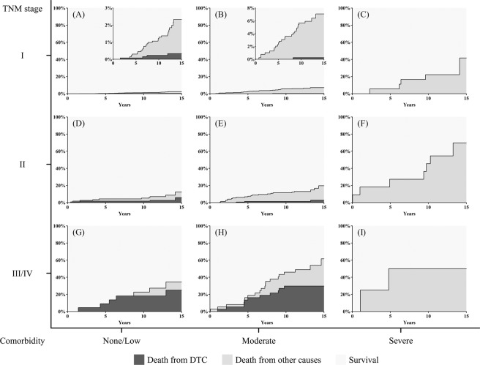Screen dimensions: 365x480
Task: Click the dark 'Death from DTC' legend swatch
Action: (x=146, y=357)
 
